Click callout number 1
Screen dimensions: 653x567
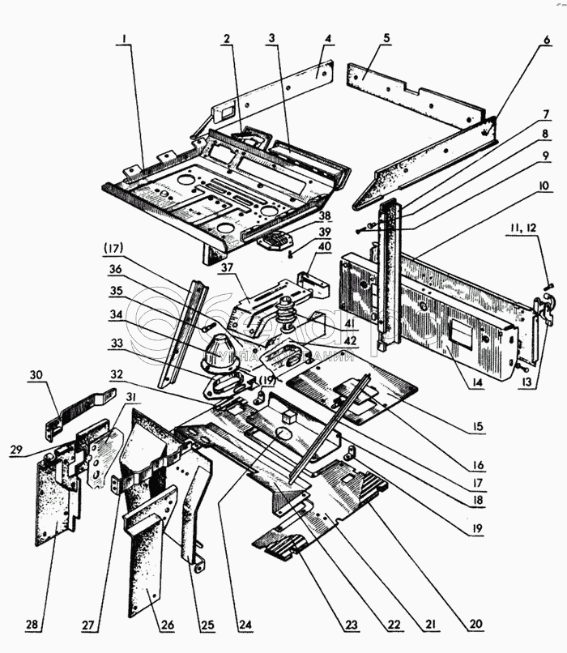(x=125, y=38)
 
